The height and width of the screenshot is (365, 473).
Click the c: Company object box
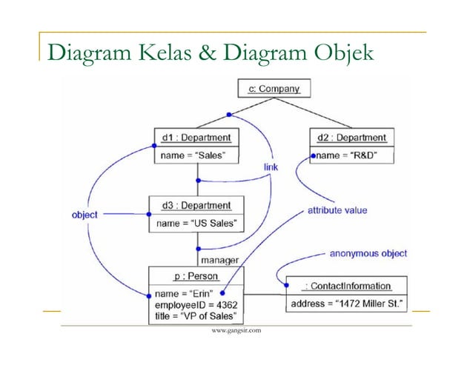point(274,90)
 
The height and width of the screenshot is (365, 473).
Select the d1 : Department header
point(196,137)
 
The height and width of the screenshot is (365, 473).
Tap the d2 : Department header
point(351,137)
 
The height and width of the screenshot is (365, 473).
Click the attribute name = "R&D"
point(346,155)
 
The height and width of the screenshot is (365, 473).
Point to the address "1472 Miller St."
point(347,303)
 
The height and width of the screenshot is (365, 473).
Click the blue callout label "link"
point(271,168)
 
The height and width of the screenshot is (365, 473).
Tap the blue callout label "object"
point(84,215)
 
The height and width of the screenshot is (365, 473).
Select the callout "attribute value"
point(337,210)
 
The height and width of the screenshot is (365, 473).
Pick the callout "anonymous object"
point(369,253)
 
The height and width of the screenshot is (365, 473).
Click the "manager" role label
point(219,260)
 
